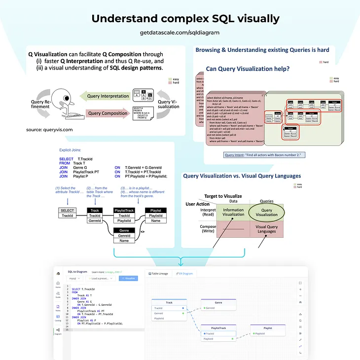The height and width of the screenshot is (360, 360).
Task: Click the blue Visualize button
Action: [x=129, y=278]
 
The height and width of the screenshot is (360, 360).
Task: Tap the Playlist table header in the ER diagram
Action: [x=267, y=327]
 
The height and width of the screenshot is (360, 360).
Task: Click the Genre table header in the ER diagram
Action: [x=218, y=302]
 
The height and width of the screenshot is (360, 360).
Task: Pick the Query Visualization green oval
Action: [x=266, y=212]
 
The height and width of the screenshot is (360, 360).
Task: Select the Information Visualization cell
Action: [x=233, y=212]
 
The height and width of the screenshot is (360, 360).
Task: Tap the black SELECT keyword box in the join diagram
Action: [x=67, y=211]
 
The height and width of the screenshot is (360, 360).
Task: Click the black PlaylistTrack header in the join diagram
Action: [x=124, y=211]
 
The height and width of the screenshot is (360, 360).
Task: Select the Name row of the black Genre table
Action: [x=124, y=241]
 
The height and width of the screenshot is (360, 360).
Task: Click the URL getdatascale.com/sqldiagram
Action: [x=180, y=32]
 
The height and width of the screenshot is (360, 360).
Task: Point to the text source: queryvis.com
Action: [x=49, y=130]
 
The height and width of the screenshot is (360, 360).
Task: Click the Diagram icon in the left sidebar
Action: [x=58, y=332]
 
